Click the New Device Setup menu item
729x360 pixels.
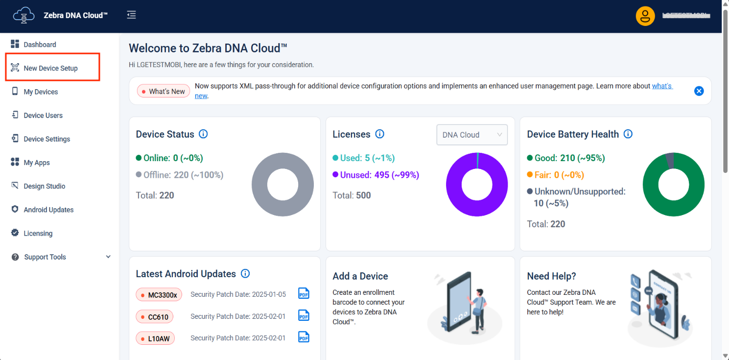click(50, 68)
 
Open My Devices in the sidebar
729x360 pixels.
click(41, 92)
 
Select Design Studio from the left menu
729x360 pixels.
click(44, 186)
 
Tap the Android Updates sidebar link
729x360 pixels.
click(48, 210)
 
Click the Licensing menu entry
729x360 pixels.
click(38, 233)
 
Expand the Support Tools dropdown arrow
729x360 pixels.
click(108, 257)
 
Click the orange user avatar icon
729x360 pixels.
click(645, 16)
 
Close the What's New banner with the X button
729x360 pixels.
click(699, 91)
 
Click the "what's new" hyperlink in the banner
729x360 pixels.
click(662, 86)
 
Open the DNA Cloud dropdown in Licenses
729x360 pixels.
click(471, 135)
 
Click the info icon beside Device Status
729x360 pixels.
click(203, 134)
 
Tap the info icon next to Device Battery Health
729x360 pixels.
click(628, 134)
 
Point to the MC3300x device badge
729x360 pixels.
click(159, 295)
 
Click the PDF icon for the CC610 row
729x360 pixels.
click(304, 316)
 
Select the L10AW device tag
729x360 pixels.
click(155, 338)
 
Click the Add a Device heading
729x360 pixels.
click(360, 276)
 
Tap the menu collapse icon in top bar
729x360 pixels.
click(131, 15)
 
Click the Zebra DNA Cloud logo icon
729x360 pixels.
click(24, 16)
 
